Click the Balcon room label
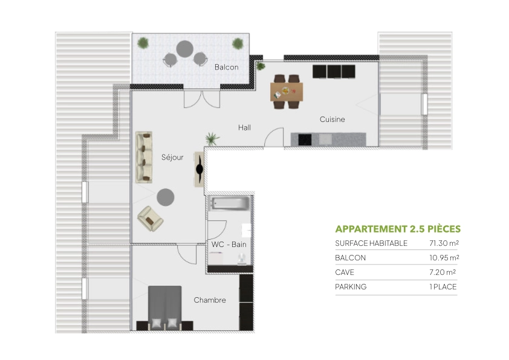tap(227, 67)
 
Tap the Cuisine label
tap(332, 120)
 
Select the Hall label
tap(244, 127)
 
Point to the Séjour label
tap(172, 157)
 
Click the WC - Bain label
tap(229, 244)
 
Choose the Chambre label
tap(210, 300)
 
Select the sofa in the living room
tap(144, 157)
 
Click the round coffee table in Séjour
tap(166, 197)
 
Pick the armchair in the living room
tap(150, 219)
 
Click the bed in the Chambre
tap(164, 307)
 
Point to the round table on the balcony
tap(185, 48)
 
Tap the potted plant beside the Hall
tap(212, 139)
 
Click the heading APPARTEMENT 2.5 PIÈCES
tap(397, 229)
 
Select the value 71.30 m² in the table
tap(444, 243)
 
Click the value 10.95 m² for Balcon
tap(444, 258)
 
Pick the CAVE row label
tap(345, 272)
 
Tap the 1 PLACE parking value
tap(443, 287)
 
